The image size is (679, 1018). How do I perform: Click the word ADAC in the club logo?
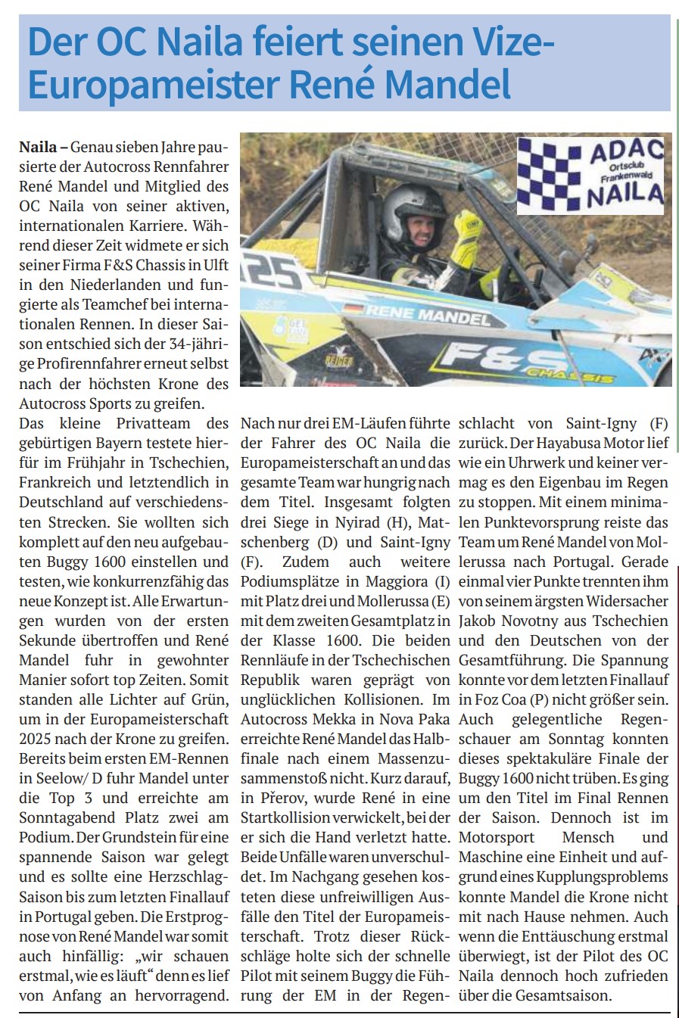pos(626,151)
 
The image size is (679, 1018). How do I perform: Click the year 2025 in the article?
pos(37,738)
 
